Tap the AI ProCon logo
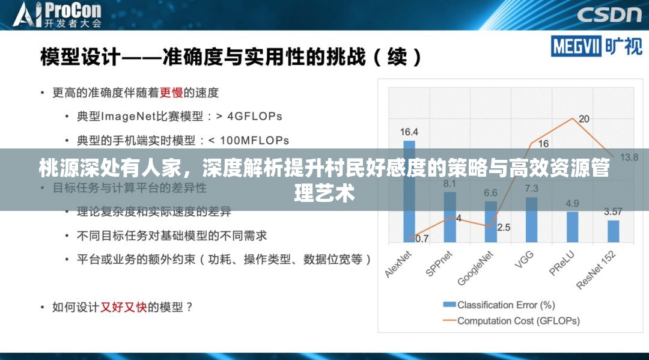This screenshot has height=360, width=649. pyautogui.click(x=58, y=15)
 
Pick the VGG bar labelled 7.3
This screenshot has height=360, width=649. pyautogui.click(x=531, y=219)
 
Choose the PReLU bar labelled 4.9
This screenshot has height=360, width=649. pyautogui.click(x=572, y=227)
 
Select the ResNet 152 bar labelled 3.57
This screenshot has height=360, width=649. pyautogui.click(x=613, y=231)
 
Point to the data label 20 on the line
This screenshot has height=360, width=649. pyautogui.click(x=583, y=119)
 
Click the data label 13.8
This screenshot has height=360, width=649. pyautogui.click(x=629, y=157)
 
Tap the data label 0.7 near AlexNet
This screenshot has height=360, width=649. pyautogui.click(x=422, y=239)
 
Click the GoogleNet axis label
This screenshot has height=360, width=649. pyautogui.click(x=476, y=268)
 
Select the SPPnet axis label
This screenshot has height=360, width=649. pyautogui.click(x=440, y=263)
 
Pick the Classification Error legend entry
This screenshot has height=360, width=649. pyautogui.click(x=499, y=305)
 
